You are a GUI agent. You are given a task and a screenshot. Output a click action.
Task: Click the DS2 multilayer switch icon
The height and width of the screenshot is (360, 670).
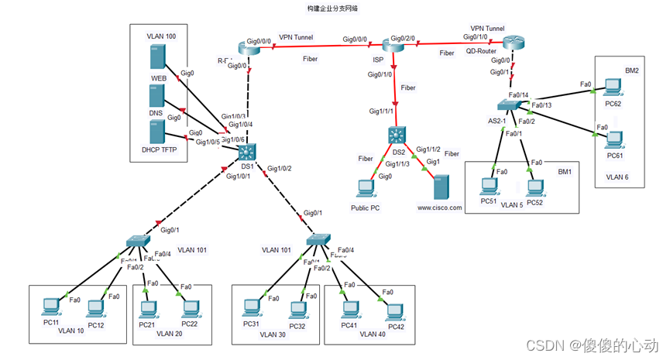click(398, 135)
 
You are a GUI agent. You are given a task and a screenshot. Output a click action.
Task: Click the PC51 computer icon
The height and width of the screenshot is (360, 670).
click(488, 186)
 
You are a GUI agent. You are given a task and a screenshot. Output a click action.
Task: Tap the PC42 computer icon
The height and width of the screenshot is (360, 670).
click(395, 310)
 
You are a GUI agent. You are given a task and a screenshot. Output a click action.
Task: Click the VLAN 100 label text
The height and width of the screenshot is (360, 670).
click(161, 36)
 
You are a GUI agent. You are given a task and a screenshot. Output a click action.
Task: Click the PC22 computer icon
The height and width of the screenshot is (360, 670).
click(190, 308)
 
